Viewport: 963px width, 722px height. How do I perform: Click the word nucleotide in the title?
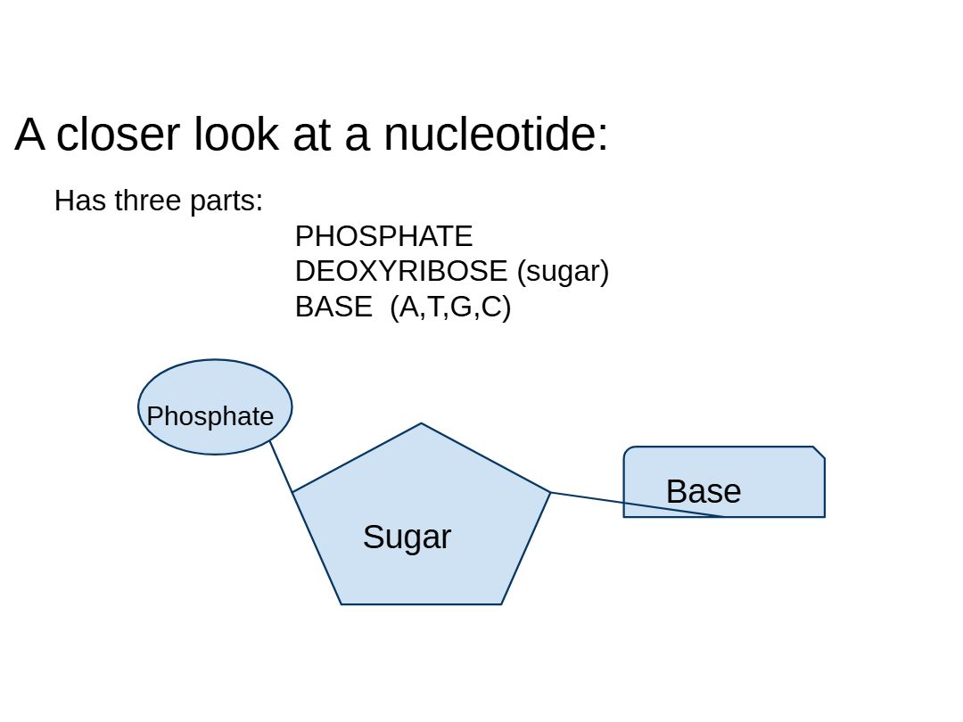496,135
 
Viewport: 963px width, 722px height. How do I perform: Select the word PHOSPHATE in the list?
383,236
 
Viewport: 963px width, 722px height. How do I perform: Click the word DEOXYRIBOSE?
400,271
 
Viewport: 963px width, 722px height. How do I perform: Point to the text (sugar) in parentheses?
563,271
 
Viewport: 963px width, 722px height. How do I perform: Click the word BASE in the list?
333,307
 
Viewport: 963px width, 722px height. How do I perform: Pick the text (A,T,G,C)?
450,307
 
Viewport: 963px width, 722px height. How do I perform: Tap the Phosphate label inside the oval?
210,416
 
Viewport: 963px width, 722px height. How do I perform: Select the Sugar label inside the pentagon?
407,537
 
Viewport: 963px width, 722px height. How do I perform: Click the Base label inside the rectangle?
703,491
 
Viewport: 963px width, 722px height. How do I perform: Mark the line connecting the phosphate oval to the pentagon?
281,465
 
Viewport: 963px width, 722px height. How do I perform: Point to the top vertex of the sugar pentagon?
421,424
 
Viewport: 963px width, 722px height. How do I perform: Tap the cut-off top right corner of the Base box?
819,453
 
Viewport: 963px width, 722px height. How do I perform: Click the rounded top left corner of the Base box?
628,451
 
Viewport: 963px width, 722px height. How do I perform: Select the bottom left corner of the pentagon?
342,603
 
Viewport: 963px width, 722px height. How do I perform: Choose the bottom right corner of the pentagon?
501,603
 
